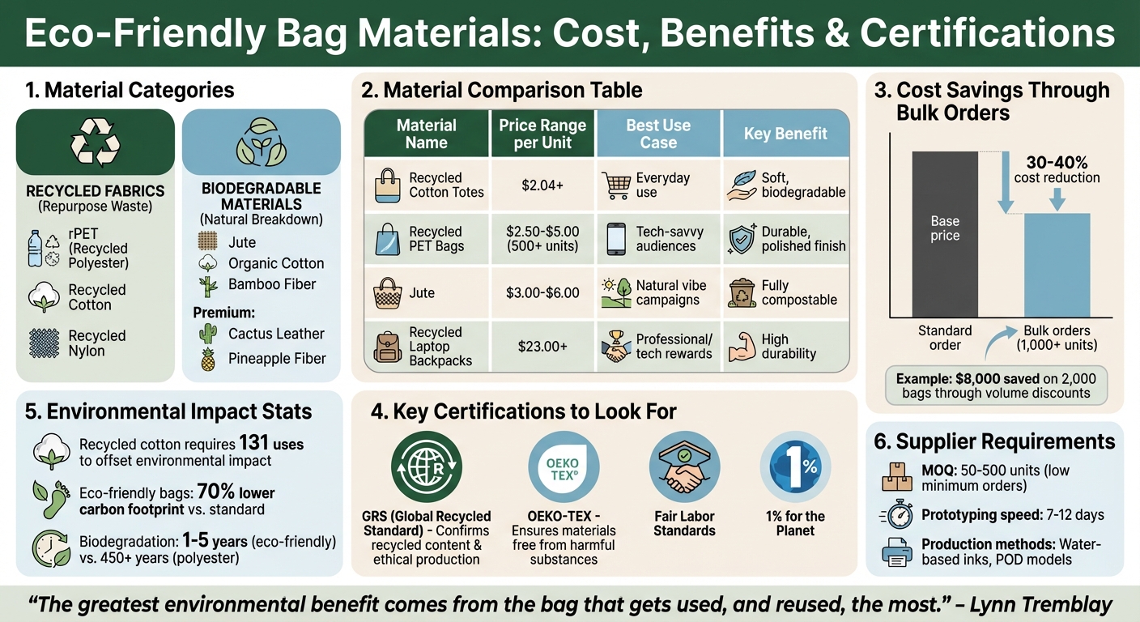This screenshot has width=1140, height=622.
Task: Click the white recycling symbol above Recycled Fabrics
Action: point(96,143)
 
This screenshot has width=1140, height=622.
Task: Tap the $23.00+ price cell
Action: point(542,346)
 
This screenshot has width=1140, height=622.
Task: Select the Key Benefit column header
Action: point(785,134)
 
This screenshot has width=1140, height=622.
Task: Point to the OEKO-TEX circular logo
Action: point(564,468)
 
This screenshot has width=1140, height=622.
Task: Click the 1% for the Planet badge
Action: point(794,468)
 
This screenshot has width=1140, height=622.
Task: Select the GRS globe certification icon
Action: point(427,468)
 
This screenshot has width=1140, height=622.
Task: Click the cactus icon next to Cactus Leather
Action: point(208,334)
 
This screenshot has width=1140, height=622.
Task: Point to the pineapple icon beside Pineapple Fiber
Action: point(208,359)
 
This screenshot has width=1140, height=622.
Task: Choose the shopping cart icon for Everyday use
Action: point(616,185)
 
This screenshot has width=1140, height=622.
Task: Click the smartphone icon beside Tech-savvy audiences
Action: point(616,239)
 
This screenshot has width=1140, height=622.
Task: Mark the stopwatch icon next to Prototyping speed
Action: point(896,515)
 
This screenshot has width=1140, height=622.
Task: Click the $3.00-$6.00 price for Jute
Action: point(542,292)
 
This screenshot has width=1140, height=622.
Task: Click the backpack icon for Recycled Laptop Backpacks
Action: point(388,346)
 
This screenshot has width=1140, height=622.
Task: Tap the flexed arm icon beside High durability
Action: point(741,346)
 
